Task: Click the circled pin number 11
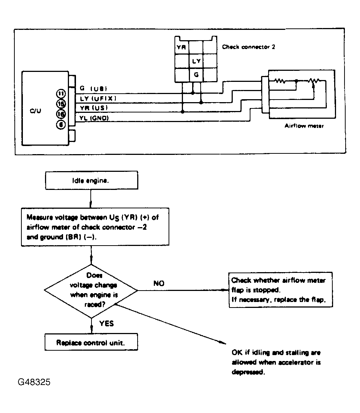pos(61,94)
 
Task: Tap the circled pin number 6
pos(61,124)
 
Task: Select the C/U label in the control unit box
pos(35,111)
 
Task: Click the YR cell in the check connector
pos(181,47)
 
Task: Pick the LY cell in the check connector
pos(196,61)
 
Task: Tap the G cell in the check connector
pos(196,75)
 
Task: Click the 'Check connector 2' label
pos(249,47)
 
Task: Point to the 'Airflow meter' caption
pos(304,126)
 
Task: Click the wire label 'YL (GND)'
pos(94,118)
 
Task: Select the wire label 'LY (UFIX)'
pos(98,98)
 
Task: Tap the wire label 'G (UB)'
pos(93,88)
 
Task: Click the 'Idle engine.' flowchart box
pos(91,180)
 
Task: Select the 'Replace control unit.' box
pos(91,342)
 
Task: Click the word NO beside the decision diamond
pos(159,284)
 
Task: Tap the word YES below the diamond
pos(107,323)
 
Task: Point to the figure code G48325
pos(34,382)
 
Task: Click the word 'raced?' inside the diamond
pos(95,305)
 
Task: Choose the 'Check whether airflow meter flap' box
pos(280,290)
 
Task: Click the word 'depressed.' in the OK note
pos(248,372)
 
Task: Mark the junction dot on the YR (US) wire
pos(182,112)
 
